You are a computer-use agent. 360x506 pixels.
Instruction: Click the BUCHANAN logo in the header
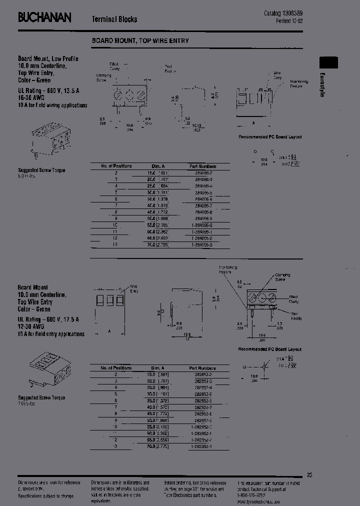(44, 18)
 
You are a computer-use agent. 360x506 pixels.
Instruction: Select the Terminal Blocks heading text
(114, 19)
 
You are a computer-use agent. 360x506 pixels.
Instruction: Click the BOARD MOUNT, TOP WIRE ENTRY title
(140, 40)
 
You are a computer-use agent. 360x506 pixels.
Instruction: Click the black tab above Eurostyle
(328, 62)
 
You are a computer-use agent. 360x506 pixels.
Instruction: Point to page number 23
(309, 475)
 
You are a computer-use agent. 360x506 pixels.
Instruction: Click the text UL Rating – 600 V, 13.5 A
(48, 91)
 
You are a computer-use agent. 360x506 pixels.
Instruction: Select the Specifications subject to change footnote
(46, 496)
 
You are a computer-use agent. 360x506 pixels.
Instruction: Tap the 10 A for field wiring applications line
(52, 105)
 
